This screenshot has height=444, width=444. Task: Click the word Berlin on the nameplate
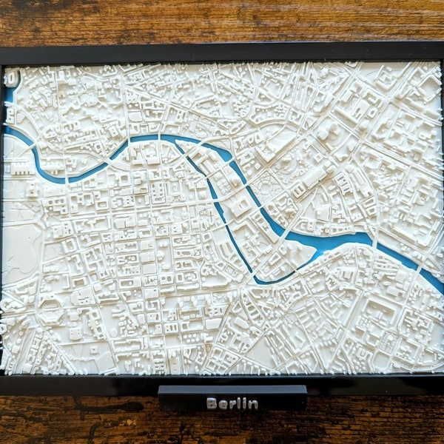click(x=232, y=403)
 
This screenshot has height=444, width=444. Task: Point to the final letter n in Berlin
click(x=254, y=404)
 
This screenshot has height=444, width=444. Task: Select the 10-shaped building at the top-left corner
click(x=11, y=76)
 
